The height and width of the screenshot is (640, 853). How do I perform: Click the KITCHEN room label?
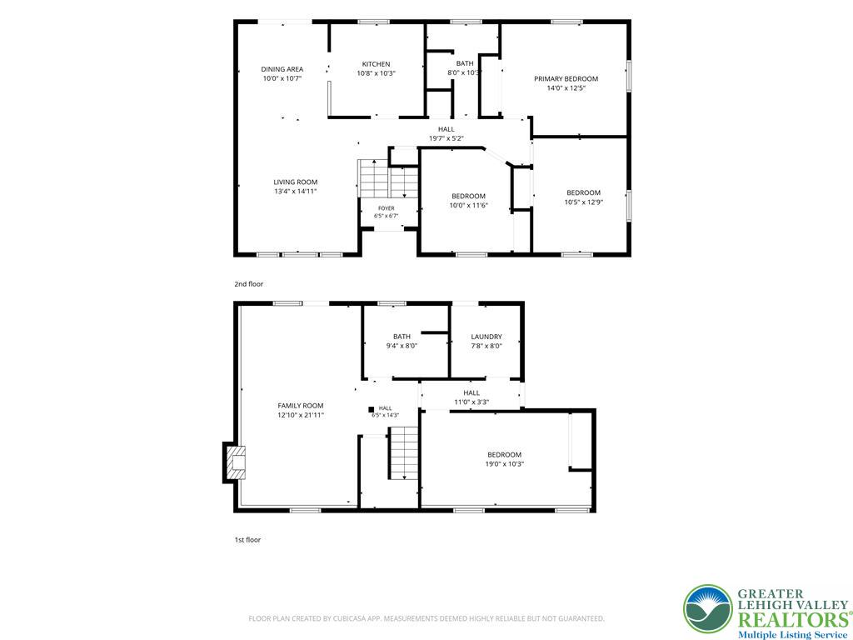tap(376, 64)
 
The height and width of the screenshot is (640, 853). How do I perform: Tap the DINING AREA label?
tap(282, 69)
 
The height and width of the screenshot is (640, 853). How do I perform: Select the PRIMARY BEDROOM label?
tap(566, 79)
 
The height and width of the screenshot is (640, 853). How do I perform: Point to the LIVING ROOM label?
tap(296, 182)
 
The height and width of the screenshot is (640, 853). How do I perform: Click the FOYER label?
tap(387, 208)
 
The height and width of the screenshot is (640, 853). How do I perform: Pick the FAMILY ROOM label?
tap(300, 406)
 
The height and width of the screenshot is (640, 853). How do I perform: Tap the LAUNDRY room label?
tap(486, 337)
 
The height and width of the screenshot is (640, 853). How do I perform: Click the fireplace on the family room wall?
tap(234, 462)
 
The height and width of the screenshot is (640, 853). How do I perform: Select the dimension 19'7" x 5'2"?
tap(446, 138)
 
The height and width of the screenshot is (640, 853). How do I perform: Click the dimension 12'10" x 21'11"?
tap(300, 415)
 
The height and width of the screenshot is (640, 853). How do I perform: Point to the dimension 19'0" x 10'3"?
tap(504, 464)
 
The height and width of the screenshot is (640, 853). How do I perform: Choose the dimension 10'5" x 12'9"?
tap(584, 202)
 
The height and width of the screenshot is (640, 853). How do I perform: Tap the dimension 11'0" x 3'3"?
tap(471, 402)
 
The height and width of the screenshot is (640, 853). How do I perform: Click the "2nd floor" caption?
tap(248, 284)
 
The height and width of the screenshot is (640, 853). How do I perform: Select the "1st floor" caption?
tap(247, 540)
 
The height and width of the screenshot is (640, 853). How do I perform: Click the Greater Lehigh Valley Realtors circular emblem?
tap(708, 609)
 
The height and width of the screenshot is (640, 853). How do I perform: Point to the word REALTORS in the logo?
tap(793, 620)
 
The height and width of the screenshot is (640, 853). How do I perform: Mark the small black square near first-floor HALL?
tap(371, 409)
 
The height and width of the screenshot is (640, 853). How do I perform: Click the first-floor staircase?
tap(402, 452)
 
